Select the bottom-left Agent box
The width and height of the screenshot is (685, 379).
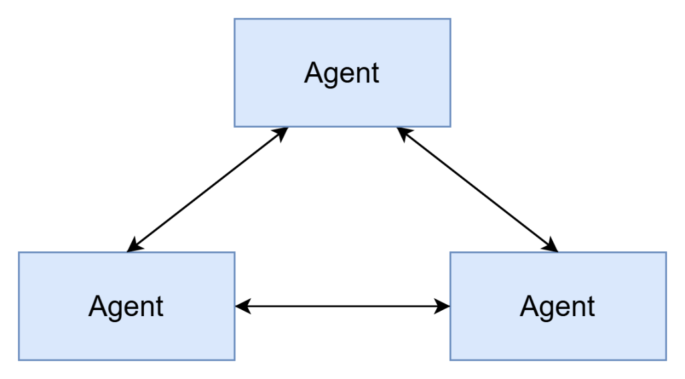(126, 334)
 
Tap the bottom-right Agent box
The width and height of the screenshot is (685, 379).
(558, 334)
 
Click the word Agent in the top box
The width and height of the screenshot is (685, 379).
(342, 73)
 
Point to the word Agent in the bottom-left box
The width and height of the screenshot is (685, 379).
(126, 307)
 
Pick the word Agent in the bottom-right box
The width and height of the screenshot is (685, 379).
(558, 307)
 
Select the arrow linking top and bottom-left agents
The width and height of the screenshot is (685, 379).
(207, 190)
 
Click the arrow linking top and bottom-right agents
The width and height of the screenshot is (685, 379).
(477, 190)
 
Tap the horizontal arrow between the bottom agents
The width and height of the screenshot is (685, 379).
(342, 307)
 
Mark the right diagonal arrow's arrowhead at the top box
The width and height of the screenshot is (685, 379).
(403, 132)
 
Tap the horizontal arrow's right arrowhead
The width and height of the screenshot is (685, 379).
(443, 307)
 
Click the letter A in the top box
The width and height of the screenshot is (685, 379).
(313, 73)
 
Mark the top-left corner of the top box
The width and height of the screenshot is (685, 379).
(235, 19)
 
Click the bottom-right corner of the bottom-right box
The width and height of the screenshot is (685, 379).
(666, 360)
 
